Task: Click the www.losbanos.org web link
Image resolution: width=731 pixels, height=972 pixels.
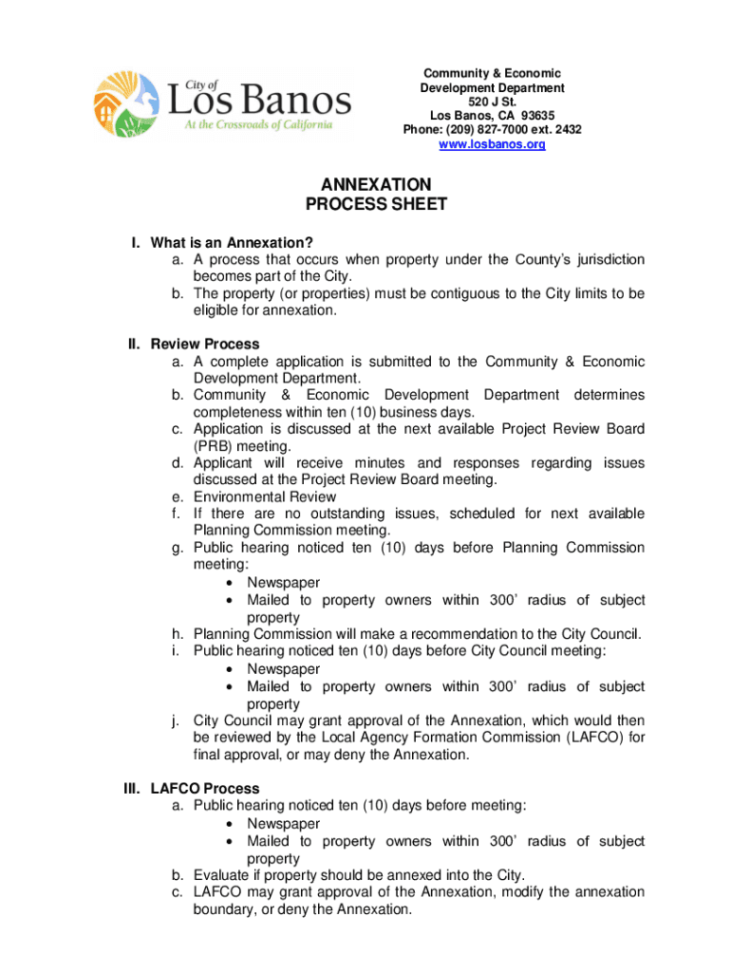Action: click(492, 145)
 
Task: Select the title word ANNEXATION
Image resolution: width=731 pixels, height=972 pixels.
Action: click(375, 184)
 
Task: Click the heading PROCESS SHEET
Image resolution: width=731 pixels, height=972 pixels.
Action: click(375, 205)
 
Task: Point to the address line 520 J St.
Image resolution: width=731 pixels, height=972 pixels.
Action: click(492, 102)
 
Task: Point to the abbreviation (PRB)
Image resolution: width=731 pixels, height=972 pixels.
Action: click(214, 446)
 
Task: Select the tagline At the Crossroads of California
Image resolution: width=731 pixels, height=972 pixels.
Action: click(251, 126)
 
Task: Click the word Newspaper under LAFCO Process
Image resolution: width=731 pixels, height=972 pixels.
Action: click(284, 824)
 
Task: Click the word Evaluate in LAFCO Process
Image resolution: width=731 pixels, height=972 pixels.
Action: click(223, 875)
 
